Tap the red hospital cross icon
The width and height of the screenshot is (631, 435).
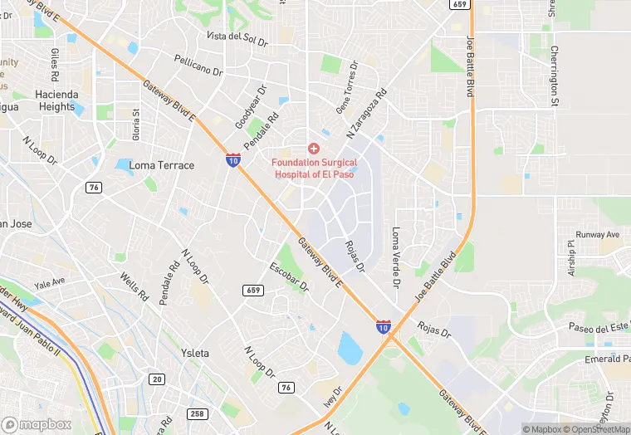[313, 148]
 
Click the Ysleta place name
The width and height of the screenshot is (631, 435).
[194, 353]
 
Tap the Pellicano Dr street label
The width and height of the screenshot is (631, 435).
[199, 65]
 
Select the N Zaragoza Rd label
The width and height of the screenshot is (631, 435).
[366, 113]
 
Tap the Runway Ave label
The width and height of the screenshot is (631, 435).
[598, 235]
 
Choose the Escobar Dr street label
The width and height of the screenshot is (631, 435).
[289, 278]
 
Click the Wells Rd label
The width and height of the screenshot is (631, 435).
[133, 286]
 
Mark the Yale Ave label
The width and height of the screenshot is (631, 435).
[51, 282]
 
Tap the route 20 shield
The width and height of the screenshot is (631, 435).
[156, 379]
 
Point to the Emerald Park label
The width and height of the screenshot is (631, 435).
[604, 359]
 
